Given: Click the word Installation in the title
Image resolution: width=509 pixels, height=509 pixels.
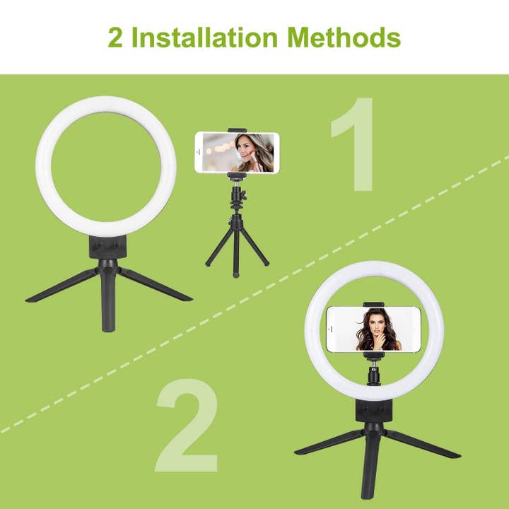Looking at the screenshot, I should tap(209, 37).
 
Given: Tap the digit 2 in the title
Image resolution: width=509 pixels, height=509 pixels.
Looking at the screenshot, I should tap(115, 37).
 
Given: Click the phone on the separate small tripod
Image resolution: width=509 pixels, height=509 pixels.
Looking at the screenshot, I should tap(236, 153).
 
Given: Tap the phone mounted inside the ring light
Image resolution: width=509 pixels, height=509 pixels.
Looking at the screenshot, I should tap(363, 328).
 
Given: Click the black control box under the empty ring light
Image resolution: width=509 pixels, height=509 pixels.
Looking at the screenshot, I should tap(107, 247).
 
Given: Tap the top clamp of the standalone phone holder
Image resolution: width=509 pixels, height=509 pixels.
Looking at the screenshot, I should tap(236, 129).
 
